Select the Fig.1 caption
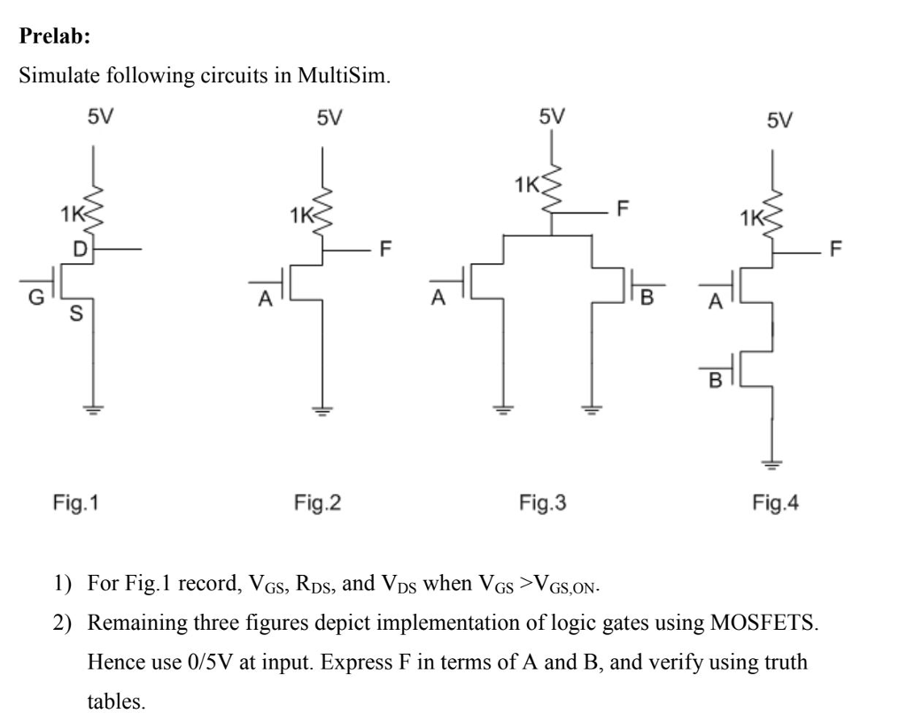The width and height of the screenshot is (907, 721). [x=75, y=503]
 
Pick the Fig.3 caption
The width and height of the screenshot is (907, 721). [x=542, y=503]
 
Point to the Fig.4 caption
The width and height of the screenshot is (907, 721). [x=775, y=503]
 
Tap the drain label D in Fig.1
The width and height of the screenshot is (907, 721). [x=79, y=250]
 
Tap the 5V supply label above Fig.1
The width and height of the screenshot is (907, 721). [x=99, y=118]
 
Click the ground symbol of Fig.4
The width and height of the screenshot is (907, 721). [x=772, y=463]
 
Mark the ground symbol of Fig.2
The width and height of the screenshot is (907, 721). [x=322, y=409]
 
